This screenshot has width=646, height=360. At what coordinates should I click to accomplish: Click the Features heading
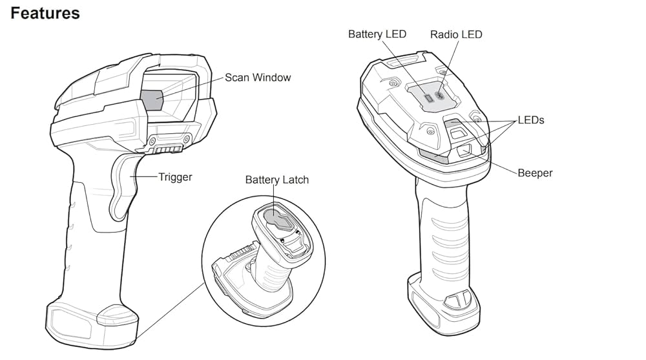pyautogui.click(x=45, y=13)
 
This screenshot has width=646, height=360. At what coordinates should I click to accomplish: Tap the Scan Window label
pyautogui.click(x=258, y=78)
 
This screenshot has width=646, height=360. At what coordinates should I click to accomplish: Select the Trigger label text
pyautogui.click(x=175, y=176)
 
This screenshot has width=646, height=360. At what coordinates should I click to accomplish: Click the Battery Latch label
pyautogui.click(x=276, y=180)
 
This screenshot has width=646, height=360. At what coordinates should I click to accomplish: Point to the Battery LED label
pyautogui.click(x=377, y=34)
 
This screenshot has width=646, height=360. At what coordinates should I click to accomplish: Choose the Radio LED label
pyautogui.click(x=456, y=34)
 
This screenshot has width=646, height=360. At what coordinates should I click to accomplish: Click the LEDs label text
pyautogui.click(x=531, y=120)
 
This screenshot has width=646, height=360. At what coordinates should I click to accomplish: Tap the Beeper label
pyautogui.click(x=535, y=173)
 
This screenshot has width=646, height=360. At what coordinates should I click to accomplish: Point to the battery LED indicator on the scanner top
pyautogui.click(x=427, y=98)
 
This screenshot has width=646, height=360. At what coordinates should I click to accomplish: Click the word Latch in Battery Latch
pyautogui.click(x=296, y=180)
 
